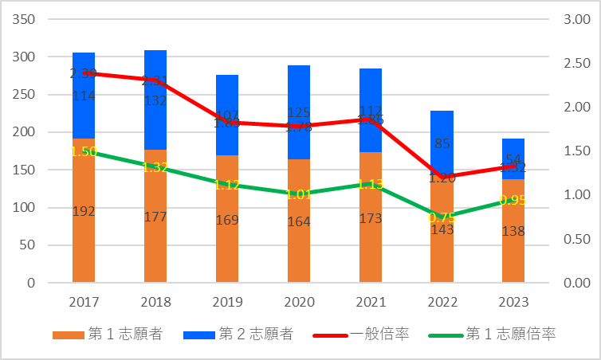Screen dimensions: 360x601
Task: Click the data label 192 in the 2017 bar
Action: click(84, 212)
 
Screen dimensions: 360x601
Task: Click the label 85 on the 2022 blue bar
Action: click(442, 144)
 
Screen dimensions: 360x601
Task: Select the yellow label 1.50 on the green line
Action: click(84, 151)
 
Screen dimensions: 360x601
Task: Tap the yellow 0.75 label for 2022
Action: click(442, 217)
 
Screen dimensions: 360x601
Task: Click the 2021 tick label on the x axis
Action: click(370, 303)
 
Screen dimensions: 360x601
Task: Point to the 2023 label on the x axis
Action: click(513, 303)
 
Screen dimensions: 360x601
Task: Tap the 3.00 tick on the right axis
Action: click(575, 19)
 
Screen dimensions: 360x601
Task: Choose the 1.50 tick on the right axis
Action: click(575, 151)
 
